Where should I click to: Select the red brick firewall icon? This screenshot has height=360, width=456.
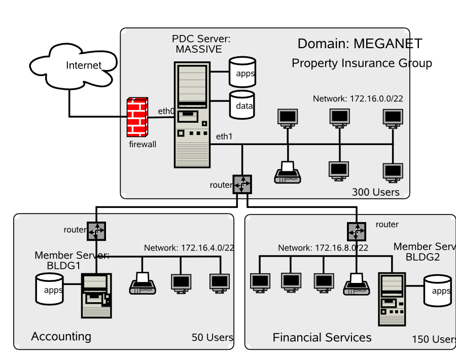click(x=137, y=117)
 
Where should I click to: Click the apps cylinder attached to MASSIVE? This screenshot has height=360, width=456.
click(x=242, y=73)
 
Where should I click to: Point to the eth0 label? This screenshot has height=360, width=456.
click(x=165, y=111)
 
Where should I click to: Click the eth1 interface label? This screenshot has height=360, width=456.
click(x=224, y=136)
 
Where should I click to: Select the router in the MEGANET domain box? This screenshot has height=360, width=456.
click(x=243, y=185)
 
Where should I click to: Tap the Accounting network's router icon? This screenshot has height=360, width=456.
click(x=96, y=231)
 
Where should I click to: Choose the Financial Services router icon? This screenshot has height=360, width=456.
click(x=356, y=232)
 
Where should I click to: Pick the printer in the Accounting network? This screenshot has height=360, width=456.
click(x=143, y=283)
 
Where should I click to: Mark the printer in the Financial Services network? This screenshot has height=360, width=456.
click(x=357, y=284)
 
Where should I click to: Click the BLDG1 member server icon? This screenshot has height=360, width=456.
click(x=96, y=295)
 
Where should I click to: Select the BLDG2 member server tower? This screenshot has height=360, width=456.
click(x=391, y=299)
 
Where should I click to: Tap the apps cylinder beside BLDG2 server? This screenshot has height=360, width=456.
click(x=438, y=291)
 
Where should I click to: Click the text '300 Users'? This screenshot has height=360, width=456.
click(x=375, y=192)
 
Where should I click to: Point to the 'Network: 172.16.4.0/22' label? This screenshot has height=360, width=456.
click(x=189, y=248)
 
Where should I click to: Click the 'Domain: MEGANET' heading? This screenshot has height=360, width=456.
click(x=360, y=44)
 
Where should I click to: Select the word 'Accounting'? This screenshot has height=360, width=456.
click(x=61, y=336)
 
